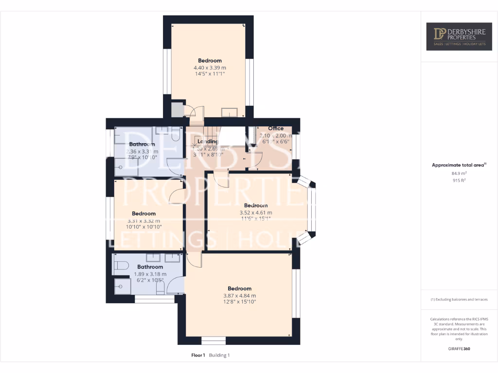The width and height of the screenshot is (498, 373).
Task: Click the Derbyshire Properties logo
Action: [459, 36]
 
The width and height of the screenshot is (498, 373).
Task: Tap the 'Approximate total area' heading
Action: [458, 165]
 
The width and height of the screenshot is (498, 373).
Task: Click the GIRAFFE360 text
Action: [459, 348]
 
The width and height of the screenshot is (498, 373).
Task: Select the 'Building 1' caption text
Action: [219, 355]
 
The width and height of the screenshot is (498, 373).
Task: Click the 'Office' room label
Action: [276, 129]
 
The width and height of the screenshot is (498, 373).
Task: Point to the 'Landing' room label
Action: [208, 142]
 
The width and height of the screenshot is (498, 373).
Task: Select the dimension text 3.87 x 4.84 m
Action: [239, 295]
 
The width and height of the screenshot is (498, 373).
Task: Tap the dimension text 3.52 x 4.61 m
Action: [256, 212]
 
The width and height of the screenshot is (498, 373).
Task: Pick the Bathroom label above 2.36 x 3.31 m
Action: [142, 144]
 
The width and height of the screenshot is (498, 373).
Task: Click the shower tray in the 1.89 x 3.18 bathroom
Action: [123, 287]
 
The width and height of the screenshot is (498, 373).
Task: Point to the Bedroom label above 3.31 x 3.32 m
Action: [143, 213]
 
